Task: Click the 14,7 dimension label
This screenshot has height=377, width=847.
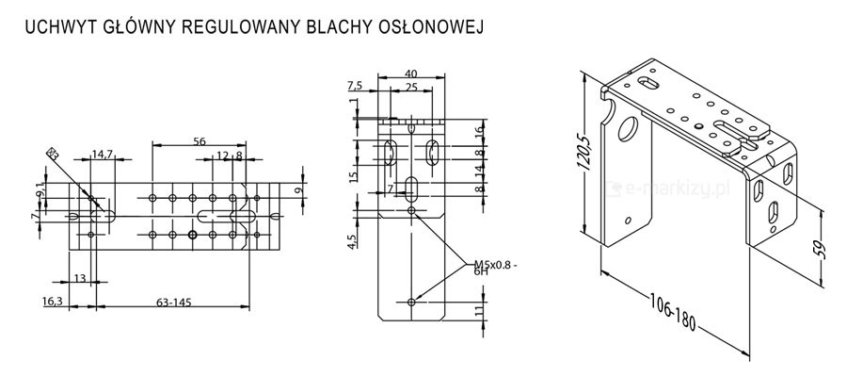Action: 102,155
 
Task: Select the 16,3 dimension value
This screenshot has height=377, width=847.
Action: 54,302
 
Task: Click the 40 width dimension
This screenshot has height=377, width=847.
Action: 410,73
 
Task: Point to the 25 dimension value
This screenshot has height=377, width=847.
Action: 410,87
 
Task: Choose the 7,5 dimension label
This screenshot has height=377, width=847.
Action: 355,85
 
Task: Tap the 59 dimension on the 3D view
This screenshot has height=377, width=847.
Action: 822,250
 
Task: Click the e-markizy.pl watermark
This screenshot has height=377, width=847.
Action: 670,188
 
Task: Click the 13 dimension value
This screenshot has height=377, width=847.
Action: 78,278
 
